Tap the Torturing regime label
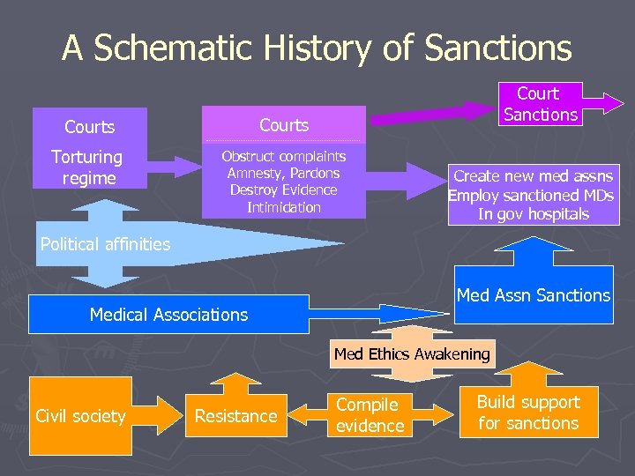(x=87, y=167)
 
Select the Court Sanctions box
(x=540, y=104)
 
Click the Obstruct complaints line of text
(x=283, y=157)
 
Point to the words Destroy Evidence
(x=283, y=190)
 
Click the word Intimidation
(x=283, y=207)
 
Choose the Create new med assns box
(x=533, y=195)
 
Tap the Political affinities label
(x=105, y=244)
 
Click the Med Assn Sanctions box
(x=533, y=295)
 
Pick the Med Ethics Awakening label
(x=411, y=354)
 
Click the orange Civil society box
(x=80, y=416)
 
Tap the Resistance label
(x=235, y=416)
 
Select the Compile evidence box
(x=370, y=415)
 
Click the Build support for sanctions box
(x=528, y=413)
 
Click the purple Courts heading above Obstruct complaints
(x=283, y=125)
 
